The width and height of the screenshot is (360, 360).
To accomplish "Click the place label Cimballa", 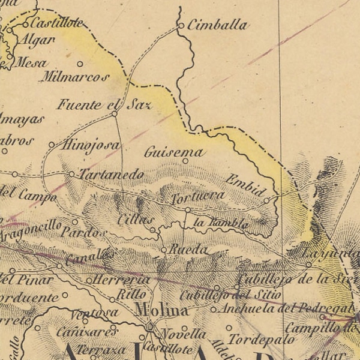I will tap(217, 25).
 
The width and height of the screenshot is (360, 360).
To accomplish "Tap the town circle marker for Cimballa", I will tap(181, 26).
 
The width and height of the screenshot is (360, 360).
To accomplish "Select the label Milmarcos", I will tap(75, 77).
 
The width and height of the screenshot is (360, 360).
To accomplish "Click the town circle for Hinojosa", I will tap(52, 145).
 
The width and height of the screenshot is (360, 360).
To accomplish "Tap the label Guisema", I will tap(174, 152).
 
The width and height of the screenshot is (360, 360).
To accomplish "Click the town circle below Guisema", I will tap(185, 161).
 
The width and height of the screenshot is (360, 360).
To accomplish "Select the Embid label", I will tap(245, 185).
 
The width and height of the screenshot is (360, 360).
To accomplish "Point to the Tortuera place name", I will tap(198, 197).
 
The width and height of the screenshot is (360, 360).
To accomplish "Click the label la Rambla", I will tap(221, 223).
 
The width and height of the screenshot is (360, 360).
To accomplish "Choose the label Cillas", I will tap(136, 220).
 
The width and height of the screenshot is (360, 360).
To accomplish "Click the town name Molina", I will tap(161, 310).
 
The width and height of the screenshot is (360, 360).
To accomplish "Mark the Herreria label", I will tap(122, 280).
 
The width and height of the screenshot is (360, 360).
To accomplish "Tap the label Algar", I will tap(38, 40).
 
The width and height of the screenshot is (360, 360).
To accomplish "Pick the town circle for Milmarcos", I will tap(80, 64).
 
